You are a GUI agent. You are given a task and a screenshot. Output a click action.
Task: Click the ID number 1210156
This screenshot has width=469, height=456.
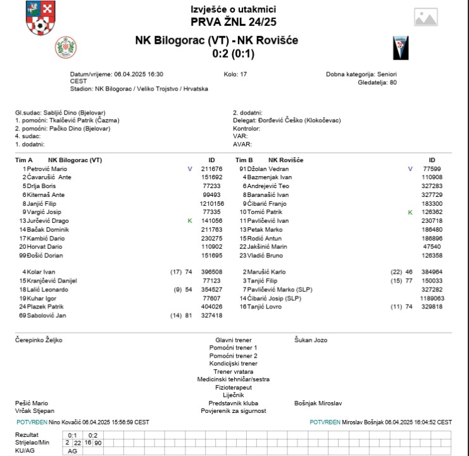(x=212, y=203)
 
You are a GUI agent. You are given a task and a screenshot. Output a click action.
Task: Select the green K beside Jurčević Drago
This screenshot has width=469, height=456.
(x=189, y=220)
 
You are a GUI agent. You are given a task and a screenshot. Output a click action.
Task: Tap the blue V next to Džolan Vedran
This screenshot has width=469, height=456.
(x=410, y=169)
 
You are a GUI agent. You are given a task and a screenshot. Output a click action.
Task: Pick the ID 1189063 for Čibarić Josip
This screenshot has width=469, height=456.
(x=432, y=298)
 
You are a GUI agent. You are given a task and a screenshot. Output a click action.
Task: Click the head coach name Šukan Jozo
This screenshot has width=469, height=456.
(x=311, y=340)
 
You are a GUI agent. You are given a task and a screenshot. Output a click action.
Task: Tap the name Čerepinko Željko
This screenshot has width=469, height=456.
(x=39, y=340)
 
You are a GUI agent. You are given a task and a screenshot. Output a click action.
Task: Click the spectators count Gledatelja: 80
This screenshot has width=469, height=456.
(x=377, y=82)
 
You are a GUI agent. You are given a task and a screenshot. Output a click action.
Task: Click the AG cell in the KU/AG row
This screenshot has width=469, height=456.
(x=72, y=451)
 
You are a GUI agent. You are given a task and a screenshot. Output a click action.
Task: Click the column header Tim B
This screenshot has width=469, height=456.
(x=244, y=160)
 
